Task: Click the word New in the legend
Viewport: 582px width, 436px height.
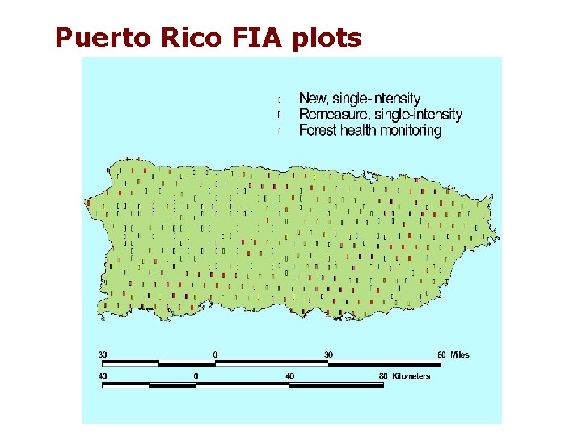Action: click(313, 99)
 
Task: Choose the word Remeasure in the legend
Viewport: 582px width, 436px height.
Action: click(335, 115)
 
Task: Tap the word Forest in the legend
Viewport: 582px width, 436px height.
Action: click(317, 130)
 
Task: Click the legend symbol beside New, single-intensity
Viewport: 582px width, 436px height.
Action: click(280, 99)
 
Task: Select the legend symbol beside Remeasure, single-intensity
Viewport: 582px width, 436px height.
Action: click(280, 115)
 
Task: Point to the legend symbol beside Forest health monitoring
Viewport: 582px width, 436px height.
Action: click(280, 130)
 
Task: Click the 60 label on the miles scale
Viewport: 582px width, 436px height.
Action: click(441, 354)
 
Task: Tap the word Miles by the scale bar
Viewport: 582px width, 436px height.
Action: click(459, 354)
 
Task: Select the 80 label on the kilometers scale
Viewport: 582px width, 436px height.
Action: click(383, 375)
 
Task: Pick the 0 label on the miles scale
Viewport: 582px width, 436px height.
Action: click(215, 354)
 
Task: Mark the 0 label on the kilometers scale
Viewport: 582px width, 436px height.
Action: click(196, 375)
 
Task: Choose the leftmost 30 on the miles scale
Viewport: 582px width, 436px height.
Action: click(103, 354)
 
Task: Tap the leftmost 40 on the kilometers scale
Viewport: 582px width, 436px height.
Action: click(103, 375)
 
